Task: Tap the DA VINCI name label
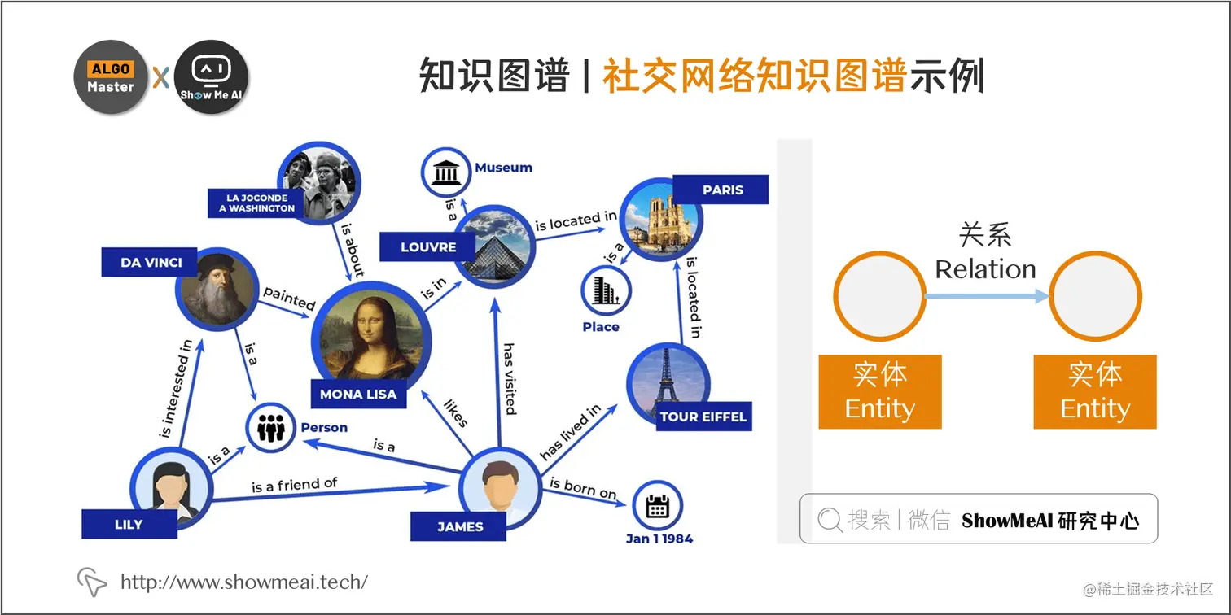click(151, 263)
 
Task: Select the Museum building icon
click(445, 173)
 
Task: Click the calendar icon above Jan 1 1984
click(657, 506)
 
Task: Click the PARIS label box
click(723, 190)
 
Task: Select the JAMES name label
click(460, 526)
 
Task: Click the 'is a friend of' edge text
click(294, 485)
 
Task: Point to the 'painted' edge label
click(289, 298)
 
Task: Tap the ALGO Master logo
click(111, 77)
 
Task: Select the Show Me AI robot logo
click(211, 77)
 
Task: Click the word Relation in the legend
click(985, 269)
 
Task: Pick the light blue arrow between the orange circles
click(987, 296)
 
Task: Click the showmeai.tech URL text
click(243, 582)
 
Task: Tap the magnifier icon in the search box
click(830, 520)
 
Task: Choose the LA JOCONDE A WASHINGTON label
click(256, 203)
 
